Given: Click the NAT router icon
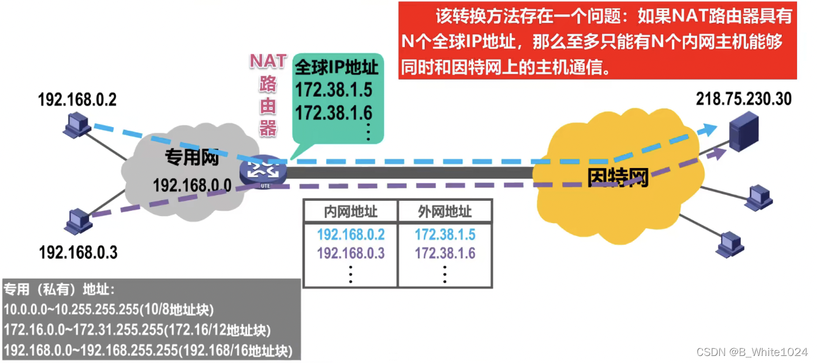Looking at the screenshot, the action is click(x=263, y=171).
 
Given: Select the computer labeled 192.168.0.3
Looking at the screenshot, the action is click(x=78, y=220).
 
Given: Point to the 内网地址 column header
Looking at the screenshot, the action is click(x=350, y=211).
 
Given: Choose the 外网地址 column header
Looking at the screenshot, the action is click(x=445, y=211).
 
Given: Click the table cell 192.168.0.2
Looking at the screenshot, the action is click(x=351, y=235).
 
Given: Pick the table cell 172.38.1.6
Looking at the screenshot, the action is click(x=445, y=254).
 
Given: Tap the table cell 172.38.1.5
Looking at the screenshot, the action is click(x=445, y=235).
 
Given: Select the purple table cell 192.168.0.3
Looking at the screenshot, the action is click(x=351, y=254).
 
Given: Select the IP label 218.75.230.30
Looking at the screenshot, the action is click(x=743, y=99).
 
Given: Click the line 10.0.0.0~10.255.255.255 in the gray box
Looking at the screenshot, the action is click(x=109, y=309).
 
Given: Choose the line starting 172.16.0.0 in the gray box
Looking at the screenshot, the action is click(x=137, y=330).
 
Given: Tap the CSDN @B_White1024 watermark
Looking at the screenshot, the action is click(x=751, y=352).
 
